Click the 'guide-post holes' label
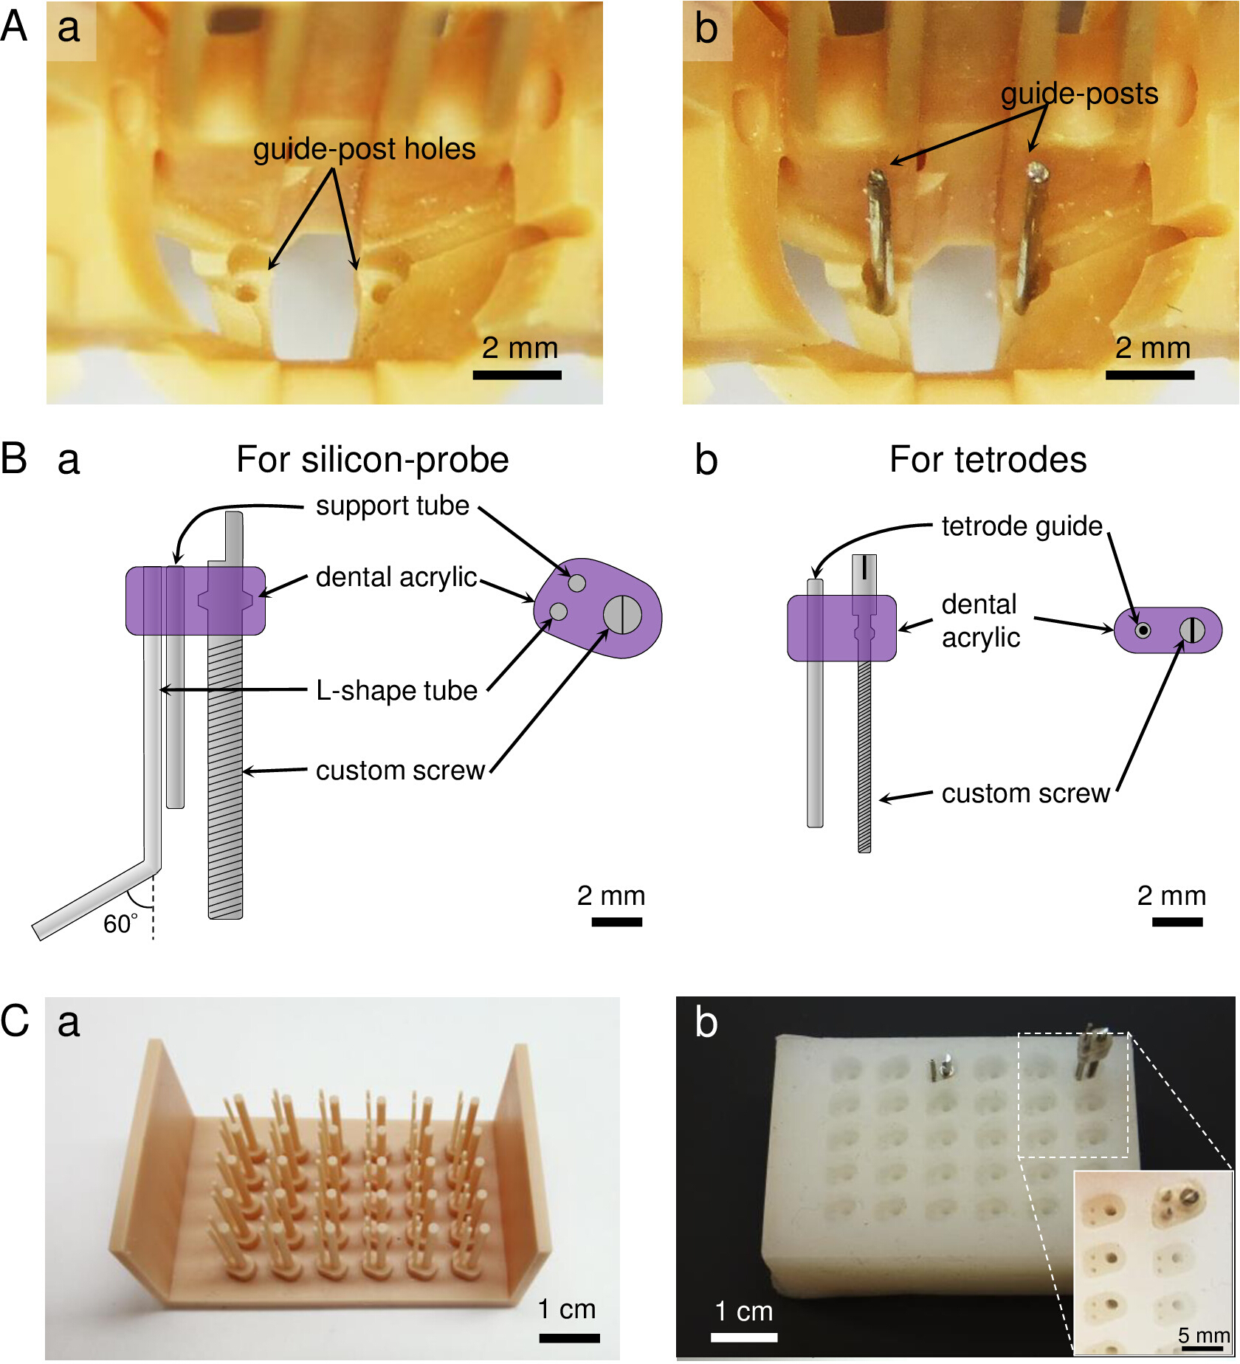coord(364,149)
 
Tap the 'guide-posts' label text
coord(1079,94)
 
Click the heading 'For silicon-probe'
coord(373,459)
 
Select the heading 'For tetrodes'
coord(988,459)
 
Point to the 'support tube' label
coord(393,506)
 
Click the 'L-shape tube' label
coord(397,690)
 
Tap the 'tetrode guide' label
coord(1022,526)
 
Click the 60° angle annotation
coord(120,923)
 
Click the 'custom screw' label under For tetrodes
coord(1026,793)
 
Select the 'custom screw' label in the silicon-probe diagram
coord(400,770)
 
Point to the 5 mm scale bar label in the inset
coord(1203,1335)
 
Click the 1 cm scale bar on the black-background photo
coord(744,1337)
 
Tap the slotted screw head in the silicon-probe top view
coord(622,614)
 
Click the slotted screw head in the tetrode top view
coord(1192,630)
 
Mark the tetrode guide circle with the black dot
coord(1143,630)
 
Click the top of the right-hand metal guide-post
coord(1037,173)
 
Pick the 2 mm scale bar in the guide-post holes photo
coord(517,375)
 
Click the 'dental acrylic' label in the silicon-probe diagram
coord(396,577)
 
